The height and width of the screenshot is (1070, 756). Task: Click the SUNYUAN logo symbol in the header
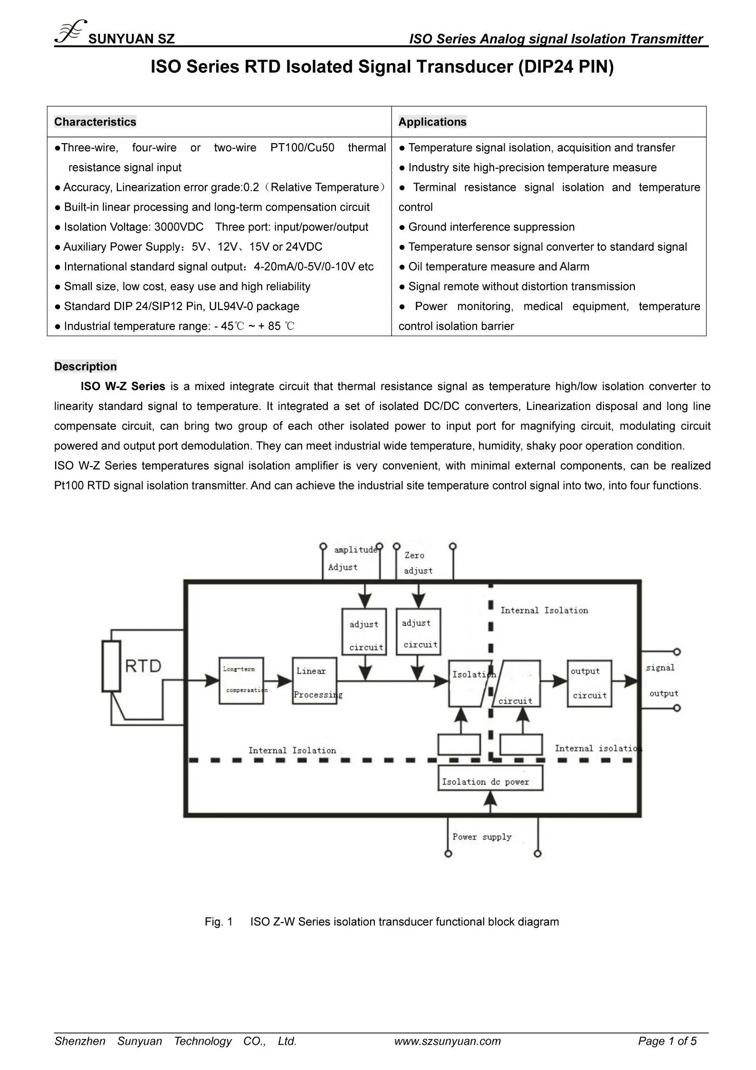click(x=70, y=32)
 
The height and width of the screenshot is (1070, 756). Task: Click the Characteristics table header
click(x=95, y=122)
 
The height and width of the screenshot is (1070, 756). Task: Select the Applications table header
click(x=432, y=122)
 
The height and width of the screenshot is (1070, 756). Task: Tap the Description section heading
click(x=85, y=366)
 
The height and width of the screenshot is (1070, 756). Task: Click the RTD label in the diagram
click(x=143, y=665)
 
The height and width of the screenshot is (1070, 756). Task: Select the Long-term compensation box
click(x=241, y=681)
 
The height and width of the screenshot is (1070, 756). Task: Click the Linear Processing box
click(x=314, y=681)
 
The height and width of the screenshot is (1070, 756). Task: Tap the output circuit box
click(x=589, y=683)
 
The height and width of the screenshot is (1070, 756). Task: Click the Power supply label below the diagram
click(x=482, y=837)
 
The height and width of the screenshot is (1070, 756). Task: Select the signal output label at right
click(x=662, y=681)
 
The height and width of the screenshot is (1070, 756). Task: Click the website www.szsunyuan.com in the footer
click(x=447, y=1041)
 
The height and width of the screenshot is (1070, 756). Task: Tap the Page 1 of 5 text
click(x=667, y=1041)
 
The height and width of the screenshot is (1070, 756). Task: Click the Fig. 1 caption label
click(x=218, y=922)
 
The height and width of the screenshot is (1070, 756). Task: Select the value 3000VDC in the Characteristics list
click(x=179, y=227)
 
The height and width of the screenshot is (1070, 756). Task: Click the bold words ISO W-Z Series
click(x=123, y=386)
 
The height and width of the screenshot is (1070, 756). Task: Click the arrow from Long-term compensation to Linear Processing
click(x=278, y=681)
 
